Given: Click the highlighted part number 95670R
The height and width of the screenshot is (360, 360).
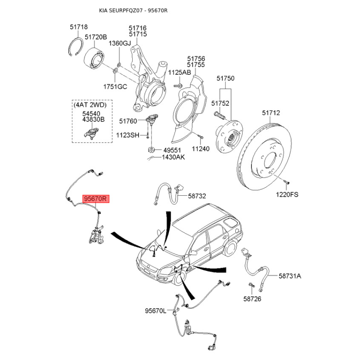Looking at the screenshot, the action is pyautogui.click(x=96, y=198).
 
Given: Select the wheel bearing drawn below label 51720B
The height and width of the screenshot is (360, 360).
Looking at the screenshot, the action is pyautogui.click(x=94, y=58).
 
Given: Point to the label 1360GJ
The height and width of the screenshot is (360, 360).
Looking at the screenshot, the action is pyautogui.click(x=120, y=43).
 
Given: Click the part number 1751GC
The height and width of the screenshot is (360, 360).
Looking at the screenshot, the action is pyautogui.click(x=115, y=86).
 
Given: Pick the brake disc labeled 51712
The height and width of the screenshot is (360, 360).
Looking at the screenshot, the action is pyautogui.click(x=264, y=157).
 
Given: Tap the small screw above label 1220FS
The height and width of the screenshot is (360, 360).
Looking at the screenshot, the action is pyautogui.click(x=286, y=182).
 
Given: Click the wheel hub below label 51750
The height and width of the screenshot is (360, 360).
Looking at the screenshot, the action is pyautogui.click(x=229, y=137).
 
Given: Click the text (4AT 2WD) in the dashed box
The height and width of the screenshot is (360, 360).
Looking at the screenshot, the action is pyautogui.click(x=90, y=105).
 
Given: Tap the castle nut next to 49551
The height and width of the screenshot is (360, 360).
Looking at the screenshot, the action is pyautogui.click(x=151, y=150).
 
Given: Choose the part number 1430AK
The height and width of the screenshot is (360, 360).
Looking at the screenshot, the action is pyautogui.click(x=173, y=157).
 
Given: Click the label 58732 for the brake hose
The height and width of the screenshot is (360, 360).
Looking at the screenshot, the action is pyautogui.click(x=197, y=196).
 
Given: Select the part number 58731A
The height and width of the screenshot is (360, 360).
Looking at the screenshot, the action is pyautogui.click(x=290, y=276).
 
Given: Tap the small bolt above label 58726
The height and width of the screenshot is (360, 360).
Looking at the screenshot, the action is pyautogui.click(x=252, y=285).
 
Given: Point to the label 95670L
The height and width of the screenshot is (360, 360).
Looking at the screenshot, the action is pyautogui.click(x=155, y=311).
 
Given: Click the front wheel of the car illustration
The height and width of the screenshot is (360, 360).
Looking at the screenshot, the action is pyautogui.click(x=180, y=278).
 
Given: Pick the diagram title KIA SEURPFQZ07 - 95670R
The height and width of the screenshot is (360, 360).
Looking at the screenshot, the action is pyautogui.click(x=133, y=10).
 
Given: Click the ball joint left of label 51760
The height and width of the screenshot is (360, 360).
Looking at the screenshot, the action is pyautogui.click(x=152, y=120).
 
